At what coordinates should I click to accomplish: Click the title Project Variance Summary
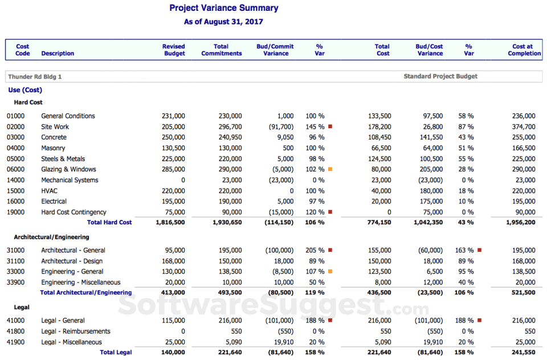coord(224,8)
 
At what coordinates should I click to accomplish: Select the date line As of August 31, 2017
coord(223,22)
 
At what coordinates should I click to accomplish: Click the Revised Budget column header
coord(174,50)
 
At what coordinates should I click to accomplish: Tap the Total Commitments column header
coord(221,50)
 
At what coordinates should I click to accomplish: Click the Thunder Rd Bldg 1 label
coord(35,76)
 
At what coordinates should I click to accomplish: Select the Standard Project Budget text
coord(440,76)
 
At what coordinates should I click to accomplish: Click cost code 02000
coord(17,126)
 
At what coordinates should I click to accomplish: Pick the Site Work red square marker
coord(330,126)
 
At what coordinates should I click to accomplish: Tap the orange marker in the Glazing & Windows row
coord(330,169)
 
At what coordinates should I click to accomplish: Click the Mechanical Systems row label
coord(70,180)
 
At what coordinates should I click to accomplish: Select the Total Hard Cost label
coord(109,223)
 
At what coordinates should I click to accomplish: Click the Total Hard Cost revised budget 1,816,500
coord(170,223)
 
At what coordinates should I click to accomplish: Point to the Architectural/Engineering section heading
coord(51,237)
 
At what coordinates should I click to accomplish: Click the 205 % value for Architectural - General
coord(315,250)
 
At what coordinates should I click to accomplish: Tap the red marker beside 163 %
coord(480,250)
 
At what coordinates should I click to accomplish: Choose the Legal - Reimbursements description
coord(76,332)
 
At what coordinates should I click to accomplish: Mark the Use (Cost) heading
coord(25,90)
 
